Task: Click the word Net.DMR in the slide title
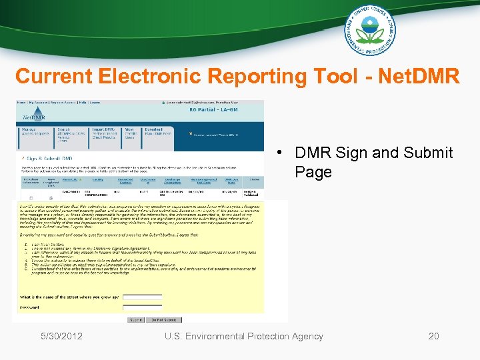point(419,76)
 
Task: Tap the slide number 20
point(433,336)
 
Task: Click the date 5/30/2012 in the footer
point(61,336)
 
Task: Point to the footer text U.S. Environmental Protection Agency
point(244,336)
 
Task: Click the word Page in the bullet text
point(313,172)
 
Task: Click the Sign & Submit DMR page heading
point(51,159)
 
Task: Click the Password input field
point(142,307)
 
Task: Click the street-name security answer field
point(142,297)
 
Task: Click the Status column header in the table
point(254,179)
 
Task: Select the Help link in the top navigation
point(79,103)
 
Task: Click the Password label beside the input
point(30,307)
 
